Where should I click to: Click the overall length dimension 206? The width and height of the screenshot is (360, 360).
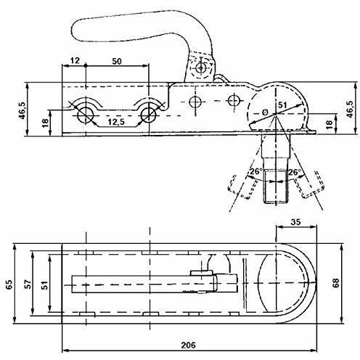click(x=189, y=345)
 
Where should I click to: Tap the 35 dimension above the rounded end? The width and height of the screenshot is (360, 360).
click(x=295, y=222)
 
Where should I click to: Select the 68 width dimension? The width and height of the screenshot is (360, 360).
click(x=336, y=283)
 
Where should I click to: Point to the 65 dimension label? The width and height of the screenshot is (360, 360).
click(x=9, y=285)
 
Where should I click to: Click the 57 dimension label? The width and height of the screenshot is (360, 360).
click(x=28, y=284)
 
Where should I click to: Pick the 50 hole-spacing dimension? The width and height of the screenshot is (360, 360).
click(x=117, y=62)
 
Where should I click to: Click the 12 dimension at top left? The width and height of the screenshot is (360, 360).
click(x=75, y=60)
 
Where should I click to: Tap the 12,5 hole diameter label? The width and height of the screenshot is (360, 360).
click(x=116, y=122)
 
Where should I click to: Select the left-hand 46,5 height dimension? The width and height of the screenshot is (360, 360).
click(x=22, y=110)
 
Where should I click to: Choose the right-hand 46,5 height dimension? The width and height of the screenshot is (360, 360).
click(x=351, y=109)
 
